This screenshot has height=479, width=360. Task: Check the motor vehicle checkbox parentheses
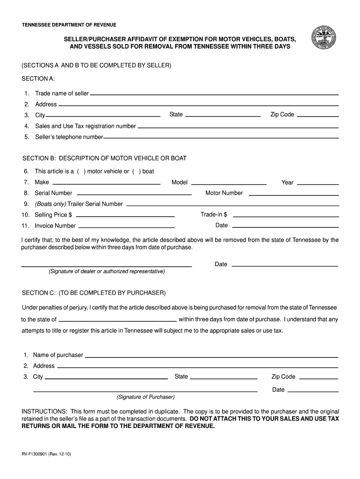click(81, 171)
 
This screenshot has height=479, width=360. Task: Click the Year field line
click(318, 183)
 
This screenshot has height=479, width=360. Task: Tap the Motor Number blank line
click(293, 194)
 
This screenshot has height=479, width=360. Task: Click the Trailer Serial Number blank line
click(232, 204)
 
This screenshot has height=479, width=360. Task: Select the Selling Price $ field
click(125, 216)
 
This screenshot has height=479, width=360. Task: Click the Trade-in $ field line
click(285, 216)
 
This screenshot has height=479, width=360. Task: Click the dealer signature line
click(107, 265)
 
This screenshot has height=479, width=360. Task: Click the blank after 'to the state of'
click(117, 320)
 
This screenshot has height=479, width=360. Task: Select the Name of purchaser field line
click(211, 356)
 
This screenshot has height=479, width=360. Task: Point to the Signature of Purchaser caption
click(145, 397)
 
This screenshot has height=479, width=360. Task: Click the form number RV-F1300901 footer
click(46, 454)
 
